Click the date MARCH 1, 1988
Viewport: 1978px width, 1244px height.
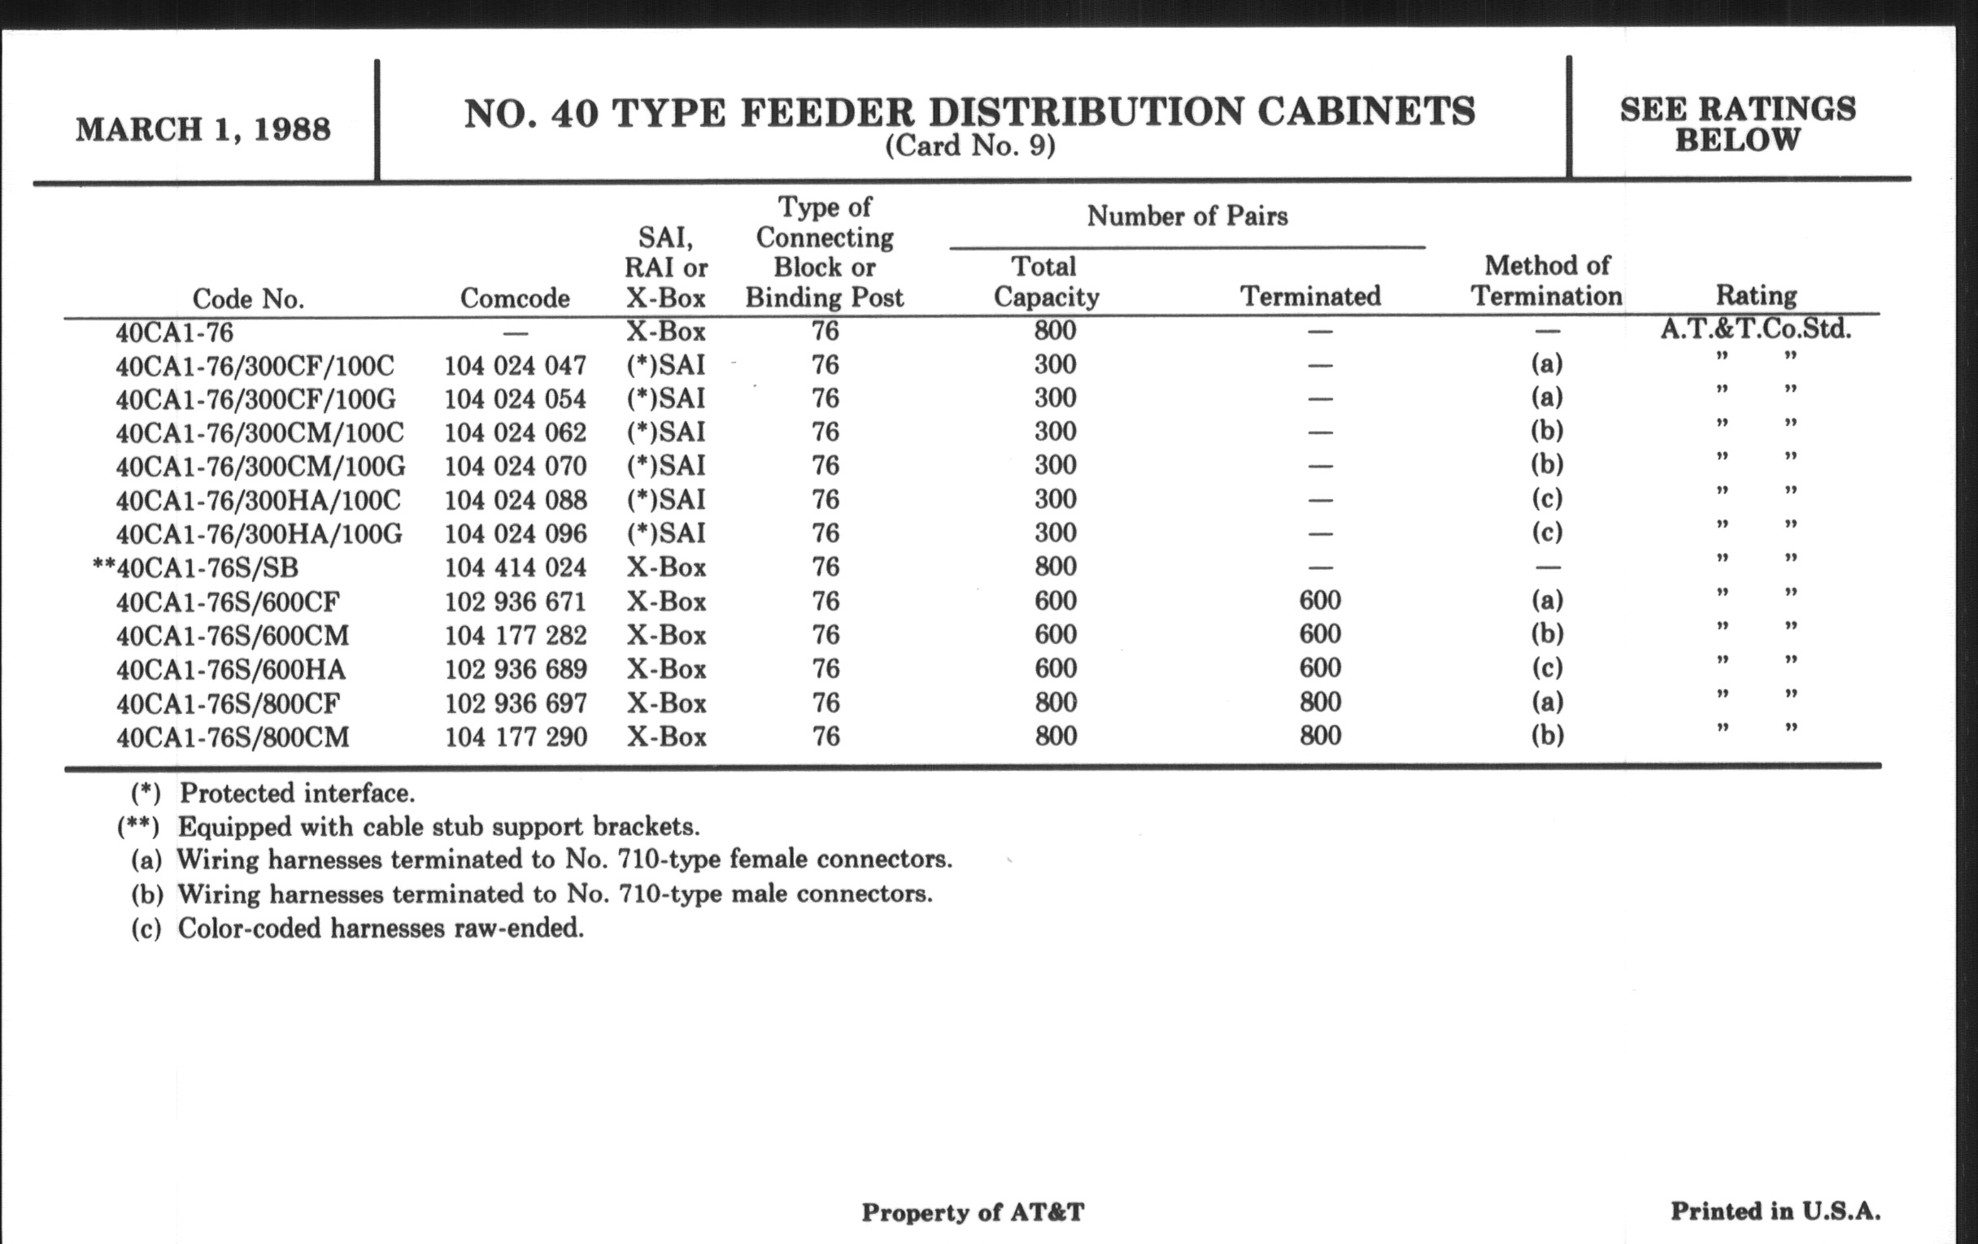203,130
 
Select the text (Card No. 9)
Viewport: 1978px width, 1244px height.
969,146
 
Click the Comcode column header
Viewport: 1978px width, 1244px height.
514,298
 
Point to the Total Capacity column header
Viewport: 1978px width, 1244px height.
1046,281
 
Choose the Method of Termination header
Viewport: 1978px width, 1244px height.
1546,281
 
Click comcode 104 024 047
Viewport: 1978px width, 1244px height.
515,365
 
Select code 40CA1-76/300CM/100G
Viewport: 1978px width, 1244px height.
260,467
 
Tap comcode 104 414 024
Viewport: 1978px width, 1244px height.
515,568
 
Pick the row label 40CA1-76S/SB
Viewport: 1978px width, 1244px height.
207,568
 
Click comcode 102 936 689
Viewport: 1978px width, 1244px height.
516,669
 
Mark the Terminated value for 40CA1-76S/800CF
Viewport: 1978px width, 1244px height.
1320,702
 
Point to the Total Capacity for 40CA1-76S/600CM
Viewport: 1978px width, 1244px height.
1055,635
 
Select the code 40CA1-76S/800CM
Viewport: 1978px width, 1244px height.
233,737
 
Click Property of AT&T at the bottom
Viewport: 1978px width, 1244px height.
973,1212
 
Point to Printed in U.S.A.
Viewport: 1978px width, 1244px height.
1775,1211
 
